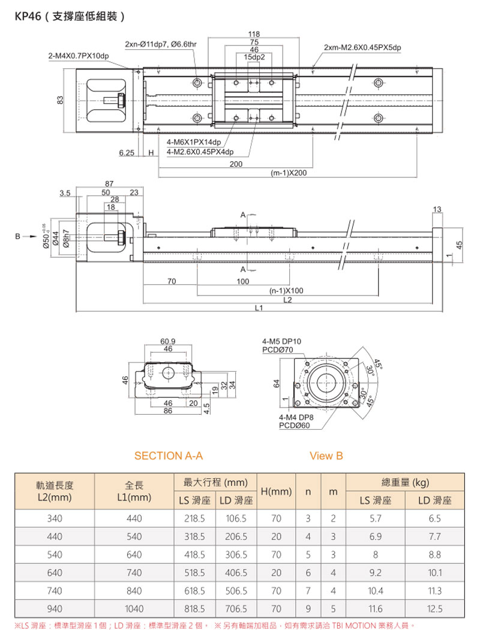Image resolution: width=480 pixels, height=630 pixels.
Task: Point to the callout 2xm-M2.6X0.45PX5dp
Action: pos(362,47)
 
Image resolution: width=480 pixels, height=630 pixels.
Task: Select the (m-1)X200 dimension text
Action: pos(289,173)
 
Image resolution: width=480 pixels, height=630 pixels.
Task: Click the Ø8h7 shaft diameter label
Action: pos(68,238)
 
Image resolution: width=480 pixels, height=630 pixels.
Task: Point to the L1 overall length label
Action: pos(259,309)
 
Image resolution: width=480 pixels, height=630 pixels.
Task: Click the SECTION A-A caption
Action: pos(169,456)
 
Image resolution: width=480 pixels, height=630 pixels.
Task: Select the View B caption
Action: pos(326,456)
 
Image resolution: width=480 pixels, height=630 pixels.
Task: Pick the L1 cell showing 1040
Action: pos(134,609)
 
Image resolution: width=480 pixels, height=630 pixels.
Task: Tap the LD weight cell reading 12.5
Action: pos(435,609)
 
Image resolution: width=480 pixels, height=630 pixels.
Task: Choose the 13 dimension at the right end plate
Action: pos(436,209)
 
